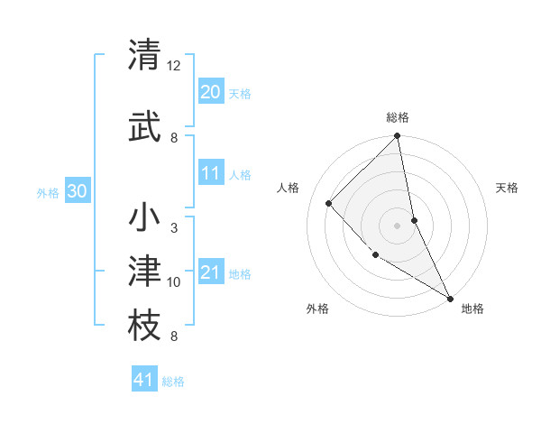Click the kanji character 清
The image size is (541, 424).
pos(145,56)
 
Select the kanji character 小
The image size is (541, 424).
pos(145,218)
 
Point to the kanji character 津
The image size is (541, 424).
pos(145,272)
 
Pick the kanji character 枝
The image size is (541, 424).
pos(145,326)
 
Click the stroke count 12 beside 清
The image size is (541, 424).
pos(174,66)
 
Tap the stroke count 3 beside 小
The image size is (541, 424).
pos(174,228)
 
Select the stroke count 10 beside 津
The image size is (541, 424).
pos(174,282)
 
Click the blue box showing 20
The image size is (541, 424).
pos(211,92)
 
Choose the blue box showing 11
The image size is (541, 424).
pos(211,173)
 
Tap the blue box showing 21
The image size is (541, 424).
pos(211,272)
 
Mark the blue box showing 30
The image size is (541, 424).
pos(78,191)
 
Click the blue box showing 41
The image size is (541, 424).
pos(144,380)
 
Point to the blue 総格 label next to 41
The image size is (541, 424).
pos(173,382)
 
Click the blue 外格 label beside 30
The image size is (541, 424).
pos(48,192)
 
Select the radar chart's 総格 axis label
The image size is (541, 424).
pos(398,117)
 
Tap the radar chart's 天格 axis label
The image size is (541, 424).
pos(508,188)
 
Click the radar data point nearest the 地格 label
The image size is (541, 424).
pos(449,297)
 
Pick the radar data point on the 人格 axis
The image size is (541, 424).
pos(329,203)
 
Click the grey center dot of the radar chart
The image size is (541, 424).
pos(398,226)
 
